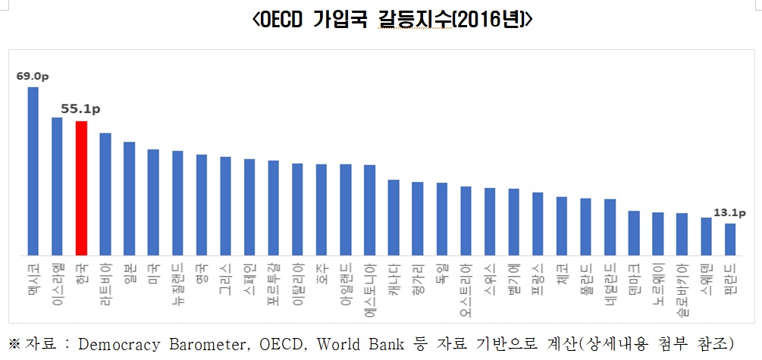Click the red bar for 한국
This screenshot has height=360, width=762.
[x=81, y=187]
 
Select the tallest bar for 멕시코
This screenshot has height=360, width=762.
[x=33, y=171]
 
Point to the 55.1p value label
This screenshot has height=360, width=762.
[x=77, y=109]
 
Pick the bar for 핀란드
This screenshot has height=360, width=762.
[x=729, y=239]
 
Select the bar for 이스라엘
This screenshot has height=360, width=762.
[x=57, y=186]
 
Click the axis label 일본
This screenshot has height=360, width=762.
[x=130, y=272]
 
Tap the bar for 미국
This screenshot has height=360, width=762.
[x=153, y=202]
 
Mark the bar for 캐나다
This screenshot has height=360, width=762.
[x=394, y=217]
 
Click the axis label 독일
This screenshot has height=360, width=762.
[x=442, y=272]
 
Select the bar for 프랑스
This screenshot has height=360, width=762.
[x=538, y=224]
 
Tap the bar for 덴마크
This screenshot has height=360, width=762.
[x=634, y=233]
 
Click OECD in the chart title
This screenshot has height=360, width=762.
[x=281, y=20]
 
